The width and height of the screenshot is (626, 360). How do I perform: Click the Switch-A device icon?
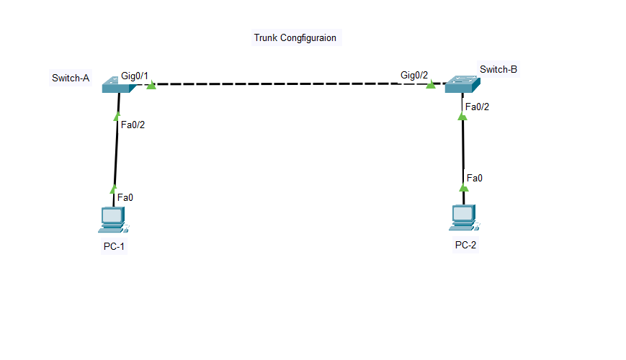click(x=119, y=85)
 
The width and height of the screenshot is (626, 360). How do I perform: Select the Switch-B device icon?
click(x=462, y=84)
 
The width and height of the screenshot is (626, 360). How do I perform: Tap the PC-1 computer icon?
click(x=114, y=220)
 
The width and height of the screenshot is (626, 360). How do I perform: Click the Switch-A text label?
click(x=71, y=78)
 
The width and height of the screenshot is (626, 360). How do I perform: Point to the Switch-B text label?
click(x=498, y=69)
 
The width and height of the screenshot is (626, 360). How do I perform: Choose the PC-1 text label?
click(x=114, y=246)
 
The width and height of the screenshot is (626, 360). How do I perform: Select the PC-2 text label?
click(x=465, y=245)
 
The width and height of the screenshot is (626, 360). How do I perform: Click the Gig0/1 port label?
click(x=135, y=76)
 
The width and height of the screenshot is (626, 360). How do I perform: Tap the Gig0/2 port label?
click(x=414, y=75)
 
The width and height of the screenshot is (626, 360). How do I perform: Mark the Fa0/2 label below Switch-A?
click(x=133, y=125)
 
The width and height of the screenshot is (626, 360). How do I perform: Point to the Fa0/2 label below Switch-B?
click(x=477, y=107)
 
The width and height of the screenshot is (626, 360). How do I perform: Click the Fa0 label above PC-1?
click(x=125, y=197)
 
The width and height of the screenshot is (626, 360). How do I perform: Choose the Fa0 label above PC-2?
click(x=474, y=178)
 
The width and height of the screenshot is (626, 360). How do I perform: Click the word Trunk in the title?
click(x=266, y=37)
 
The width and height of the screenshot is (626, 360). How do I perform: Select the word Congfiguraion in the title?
click(x=308, y=38)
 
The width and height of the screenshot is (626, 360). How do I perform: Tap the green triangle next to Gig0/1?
click(x=151, y=85)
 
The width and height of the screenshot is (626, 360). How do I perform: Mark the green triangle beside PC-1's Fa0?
click(x=113, y=189)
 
